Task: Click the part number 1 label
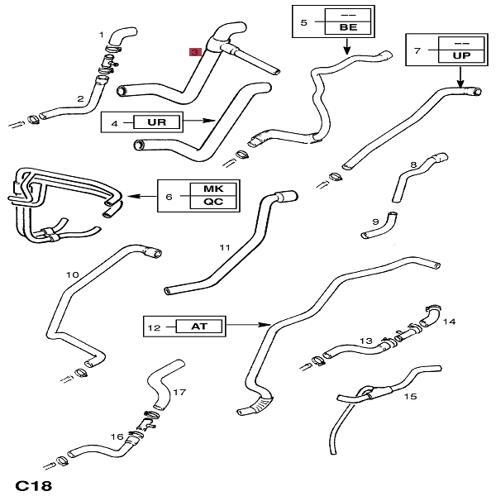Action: point(103,34)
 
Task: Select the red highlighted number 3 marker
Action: point(195,51)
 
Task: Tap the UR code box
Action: point(156,122)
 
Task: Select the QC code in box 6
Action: point(213,202)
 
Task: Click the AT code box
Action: point(199,327)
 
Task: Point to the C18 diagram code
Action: point(34,484)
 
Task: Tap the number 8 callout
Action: point(413,165)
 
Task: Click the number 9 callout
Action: point(374,222)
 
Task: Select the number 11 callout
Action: point(224,247)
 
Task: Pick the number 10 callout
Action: point(72,274)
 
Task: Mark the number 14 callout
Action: point(449,321)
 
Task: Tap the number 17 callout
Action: point(179,393)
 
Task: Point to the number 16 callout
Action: point(117,436)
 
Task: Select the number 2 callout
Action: point(80,99)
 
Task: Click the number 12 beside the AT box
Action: point(155,327)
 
